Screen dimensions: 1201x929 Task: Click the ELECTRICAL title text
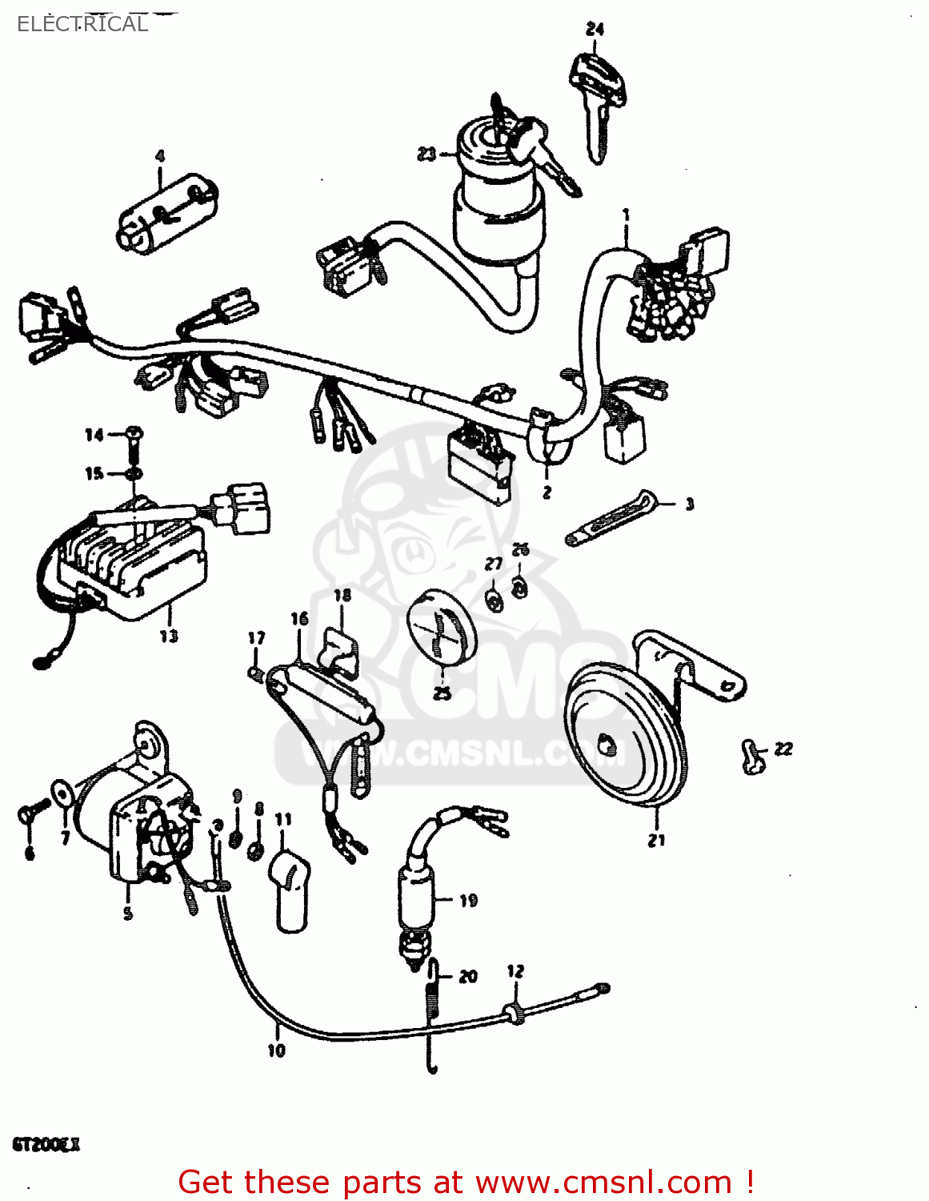(82, 24)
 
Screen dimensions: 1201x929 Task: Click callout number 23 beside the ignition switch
(426, 153)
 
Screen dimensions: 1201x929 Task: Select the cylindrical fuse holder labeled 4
(168, 213)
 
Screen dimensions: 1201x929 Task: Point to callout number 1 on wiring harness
(626, 215)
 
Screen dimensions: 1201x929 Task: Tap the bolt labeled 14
(134, 436)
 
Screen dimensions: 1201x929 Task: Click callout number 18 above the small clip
(342, 595)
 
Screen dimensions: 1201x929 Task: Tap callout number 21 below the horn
(656, 840)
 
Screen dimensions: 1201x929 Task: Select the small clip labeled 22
(751, 756)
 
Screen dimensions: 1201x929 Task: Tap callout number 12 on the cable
(515, 971)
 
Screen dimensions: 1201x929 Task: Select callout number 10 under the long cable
(276, 1050)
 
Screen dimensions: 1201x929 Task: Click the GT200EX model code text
(46, 1144)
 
